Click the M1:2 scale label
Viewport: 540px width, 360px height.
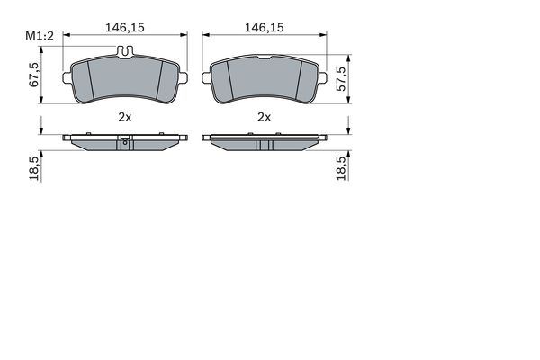coord(39,35)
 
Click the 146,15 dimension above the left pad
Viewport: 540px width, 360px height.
coord(126,28)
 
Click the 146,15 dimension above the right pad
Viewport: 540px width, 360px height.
coord(265,28)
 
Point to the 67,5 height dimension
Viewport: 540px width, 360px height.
coord(35,76)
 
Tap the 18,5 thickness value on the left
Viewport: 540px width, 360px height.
coord(35,168)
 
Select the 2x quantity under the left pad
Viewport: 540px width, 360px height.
coord(125,117)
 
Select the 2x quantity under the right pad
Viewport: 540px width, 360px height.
coord(265,117)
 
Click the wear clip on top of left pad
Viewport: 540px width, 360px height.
coord(127,51)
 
